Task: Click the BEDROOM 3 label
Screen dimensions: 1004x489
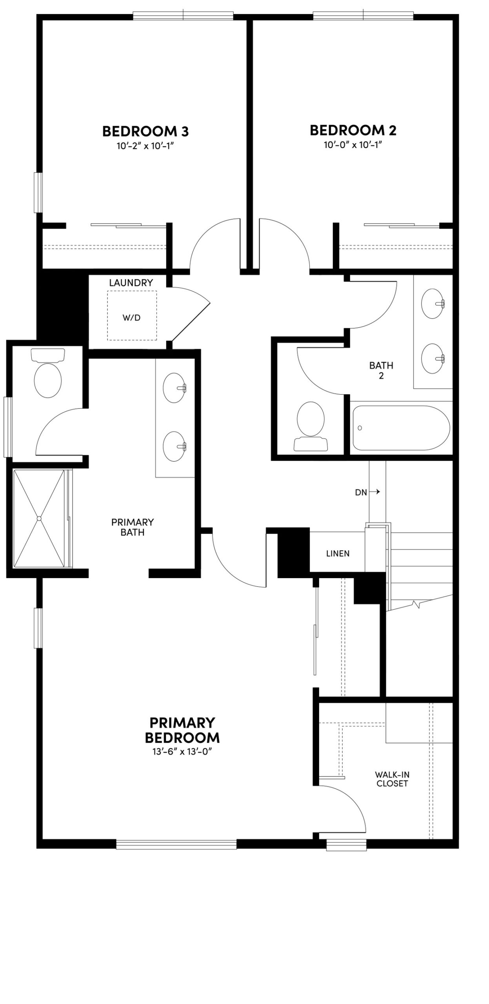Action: point(145,131)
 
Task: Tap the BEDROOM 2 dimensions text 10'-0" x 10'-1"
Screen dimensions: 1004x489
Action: point(353,145)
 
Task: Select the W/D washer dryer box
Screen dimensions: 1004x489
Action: point(132,315)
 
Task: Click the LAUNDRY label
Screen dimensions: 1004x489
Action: point(131,283)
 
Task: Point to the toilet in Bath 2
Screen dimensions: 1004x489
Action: point(311,422)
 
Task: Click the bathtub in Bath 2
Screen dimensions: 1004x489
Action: point(401,428)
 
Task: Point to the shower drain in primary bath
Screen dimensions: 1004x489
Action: point(39,518)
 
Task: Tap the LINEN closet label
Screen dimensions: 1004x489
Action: point(338,553)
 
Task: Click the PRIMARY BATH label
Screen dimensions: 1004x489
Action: point(133,527)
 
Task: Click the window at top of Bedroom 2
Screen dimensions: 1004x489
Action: point(363,16)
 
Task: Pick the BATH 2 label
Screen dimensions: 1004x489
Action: point(381,370)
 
